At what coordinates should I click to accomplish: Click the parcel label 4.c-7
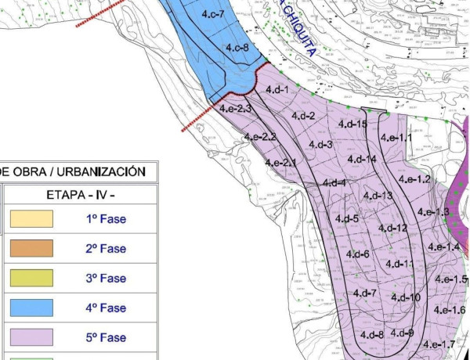click(x=212, y=15)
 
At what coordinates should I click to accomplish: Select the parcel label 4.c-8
click(x=237, y=49)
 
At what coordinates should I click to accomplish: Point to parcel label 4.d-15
click(x=352, y=124)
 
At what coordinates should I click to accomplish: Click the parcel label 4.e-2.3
click(x=235, y=109)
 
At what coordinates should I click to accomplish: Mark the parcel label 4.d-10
click(x=405, y=297)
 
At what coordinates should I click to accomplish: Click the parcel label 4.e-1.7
click(x=439, y=344)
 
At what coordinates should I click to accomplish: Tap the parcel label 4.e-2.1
click(x=280, y=163)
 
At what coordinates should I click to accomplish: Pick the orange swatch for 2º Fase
click(x=31, y=249)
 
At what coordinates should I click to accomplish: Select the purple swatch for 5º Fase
click(x=31, y=338)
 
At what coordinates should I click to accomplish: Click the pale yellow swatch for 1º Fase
click(x=31, y=219)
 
